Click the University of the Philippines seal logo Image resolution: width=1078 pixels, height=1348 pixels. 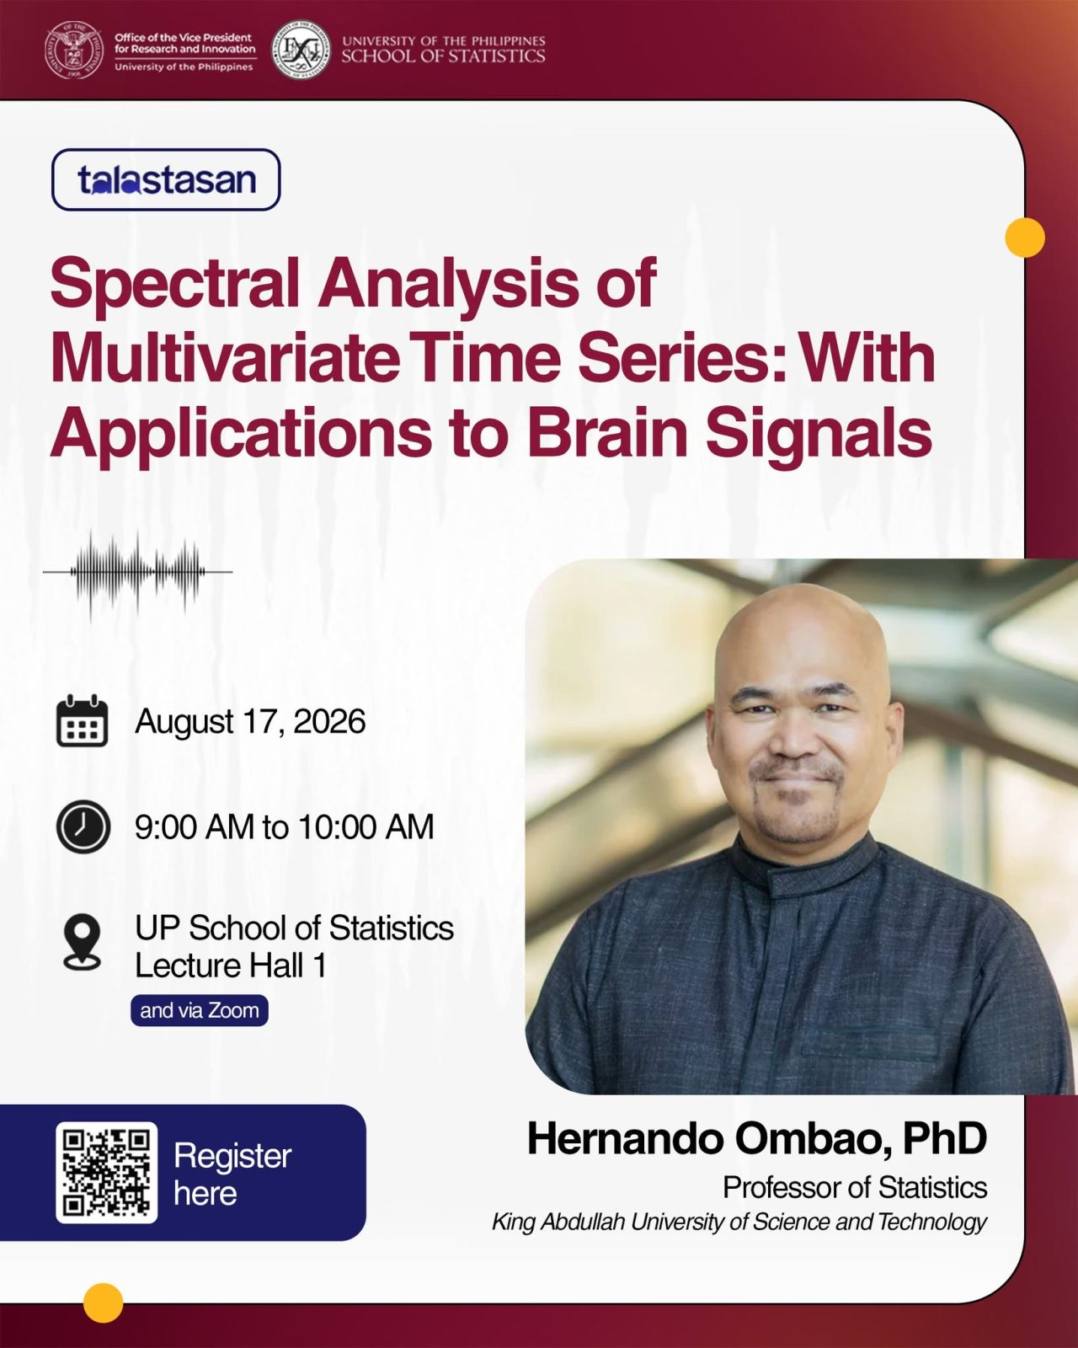point(75,50)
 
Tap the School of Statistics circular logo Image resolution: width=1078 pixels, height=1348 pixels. point(302,50)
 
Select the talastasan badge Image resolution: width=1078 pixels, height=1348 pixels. point(166,179)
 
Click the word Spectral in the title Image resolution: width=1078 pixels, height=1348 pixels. point(175,282)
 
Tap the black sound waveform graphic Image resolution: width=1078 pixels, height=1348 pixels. point(138,573)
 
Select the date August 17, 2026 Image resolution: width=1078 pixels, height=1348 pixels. point(251,721)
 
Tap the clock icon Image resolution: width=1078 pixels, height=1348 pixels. point(83,826)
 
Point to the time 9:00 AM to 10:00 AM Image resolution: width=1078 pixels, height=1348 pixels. point(285,826)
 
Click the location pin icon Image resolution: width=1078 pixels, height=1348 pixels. point(82,942)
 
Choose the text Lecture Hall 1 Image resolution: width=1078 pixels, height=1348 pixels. point(231,966)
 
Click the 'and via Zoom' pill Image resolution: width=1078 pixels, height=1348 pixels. point(200,1010)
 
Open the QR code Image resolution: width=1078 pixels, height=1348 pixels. point(106,1173)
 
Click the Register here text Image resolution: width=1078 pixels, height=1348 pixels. point(233,1174)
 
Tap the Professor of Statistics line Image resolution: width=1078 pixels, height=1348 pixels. point(855,1187)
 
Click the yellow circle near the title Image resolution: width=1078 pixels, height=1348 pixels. point(1025,238)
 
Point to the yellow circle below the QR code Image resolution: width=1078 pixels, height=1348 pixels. point(104,1303)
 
